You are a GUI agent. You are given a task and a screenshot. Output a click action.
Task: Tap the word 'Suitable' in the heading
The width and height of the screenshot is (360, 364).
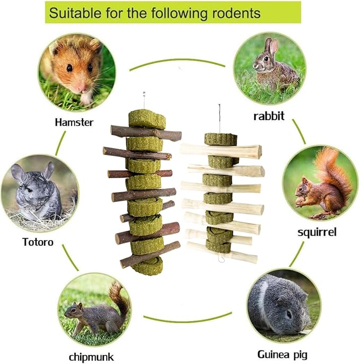tap(75, 13)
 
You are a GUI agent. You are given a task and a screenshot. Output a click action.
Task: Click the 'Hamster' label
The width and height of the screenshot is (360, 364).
tap(74, 123)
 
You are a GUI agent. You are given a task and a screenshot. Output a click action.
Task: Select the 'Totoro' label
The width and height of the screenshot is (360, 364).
tap(38, 242)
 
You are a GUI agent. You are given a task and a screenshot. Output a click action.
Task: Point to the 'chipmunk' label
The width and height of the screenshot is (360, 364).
tap(91, 357)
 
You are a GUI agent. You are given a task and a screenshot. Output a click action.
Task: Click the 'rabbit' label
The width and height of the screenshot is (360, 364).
tap(269, 116)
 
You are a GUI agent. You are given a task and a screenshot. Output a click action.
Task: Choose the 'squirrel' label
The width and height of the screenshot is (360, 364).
tap(317, 232)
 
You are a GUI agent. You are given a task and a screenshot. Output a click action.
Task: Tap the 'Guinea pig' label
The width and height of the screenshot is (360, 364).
tap(282, 355)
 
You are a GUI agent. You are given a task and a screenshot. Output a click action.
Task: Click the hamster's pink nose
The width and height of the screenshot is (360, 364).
tap(82, 88)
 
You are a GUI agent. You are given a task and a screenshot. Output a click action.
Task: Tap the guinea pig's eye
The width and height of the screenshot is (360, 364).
tap(289, 315)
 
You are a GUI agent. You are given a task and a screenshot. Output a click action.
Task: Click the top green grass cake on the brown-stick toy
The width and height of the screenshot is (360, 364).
tap(147, 119)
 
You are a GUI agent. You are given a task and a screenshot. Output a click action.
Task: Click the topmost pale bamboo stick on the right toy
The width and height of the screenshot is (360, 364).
tap(221, 151)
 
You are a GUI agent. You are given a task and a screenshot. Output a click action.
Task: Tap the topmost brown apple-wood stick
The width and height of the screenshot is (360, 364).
tap(146, 134)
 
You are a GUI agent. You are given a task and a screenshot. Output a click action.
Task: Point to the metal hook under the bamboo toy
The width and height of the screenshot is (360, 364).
tap(221, 257)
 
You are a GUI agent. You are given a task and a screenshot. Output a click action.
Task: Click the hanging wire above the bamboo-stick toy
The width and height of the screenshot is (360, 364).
tap(219, 119)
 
